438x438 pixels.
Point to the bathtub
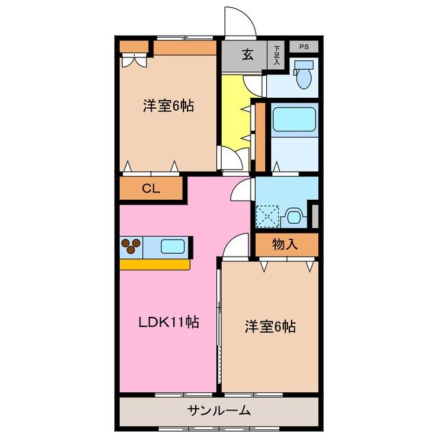coord(294,119)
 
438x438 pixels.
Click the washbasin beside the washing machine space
coord(294,216)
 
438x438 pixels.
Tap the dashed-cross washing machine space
coord(267,216)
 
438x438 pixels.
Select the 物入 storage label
coord(285,244)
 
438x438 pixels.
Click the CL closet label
coord(151,190)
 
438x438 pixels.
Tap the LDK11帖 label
coord(170,322)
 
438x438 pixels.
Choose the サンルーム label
coord(219,411)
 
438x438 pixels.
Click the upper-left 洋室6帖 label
coord(168,106)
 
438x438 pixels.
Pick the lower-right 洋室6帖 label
coord(270,326)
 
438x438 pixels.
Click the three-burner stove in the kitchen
coord(131,245)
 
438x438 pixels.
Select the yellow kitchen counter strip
coord(155,263)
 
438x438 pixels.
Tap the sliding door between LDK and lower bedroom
coord(219,328)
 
